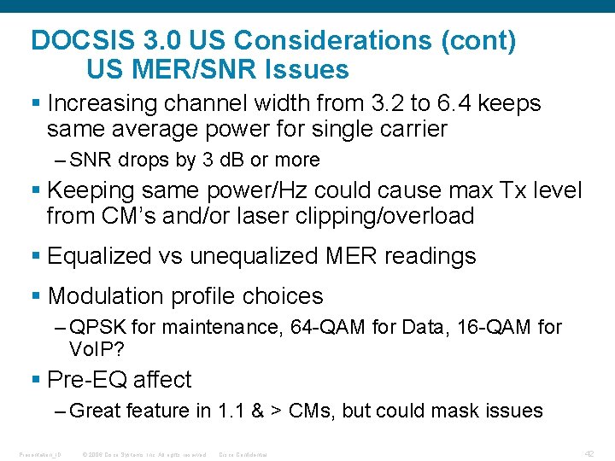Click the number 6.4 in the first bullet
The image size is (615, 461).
pos(453,104)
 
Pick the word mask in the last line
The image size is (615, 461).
pos(454,411)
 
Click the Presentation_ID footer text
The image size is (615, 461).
pos(31,454)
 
